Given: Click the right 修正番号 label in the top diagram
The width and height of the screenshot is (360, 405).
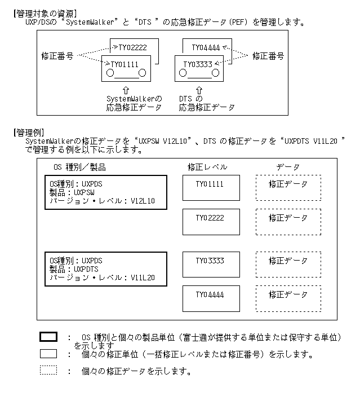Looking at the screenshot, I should (268, 56).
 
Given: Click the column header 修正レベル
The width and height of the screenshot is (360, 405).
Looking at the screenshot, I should (207, 167).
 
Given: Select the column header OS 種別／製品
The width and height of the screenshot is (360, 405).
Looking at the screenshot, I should (79, 167).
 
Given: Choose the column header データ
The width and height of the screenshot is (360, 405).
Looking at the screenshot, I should (288, 167).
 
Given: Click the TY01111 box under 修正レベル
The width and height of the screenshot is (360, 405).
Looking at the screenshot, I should (211, 188).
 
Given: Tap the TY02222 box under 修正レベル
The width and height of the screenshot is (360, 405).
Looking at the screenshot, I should (211, 221).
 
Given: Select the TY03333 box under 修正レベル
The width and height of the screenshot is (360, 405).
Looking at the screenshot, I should (211, 265).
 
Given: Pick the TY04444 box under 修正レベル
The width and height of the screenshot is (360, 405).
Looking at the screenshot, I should (211, 298).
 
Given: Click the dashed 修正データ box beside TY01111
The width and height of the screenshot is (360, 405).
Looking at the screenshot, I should (288, 188).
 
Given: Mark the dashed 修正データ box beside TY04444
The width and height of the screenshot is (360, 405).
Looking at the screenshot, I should (288, 298).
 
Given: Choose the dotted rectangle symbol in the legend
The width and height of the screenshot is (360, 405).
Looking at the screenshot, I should (48, 371).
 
